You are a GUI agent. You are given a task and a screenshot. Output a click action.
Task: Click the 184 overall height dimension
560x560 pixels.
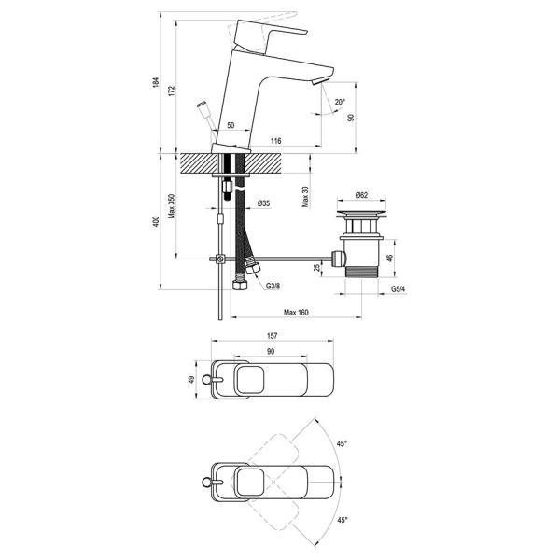[156, 82]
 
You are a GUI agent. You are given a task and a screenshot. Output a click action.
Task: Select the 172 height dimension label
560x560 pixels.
[172, 91]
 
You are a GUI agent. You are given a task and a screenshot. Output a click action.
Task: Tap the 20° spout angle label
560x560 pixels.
[340, 102]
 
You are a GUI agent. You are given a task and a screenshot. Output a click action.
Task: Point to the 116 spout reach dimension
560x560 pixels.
[275, 141]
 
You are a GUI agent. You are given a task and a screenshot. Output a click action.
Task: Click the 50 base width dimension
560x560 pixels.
[231, 125]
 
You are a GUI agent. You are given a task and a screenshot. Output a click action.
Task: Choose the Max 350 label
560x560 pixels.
[172, 206]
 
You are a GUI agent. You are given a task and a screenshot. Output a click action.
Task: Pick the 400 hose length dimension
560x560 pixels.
[156, 222]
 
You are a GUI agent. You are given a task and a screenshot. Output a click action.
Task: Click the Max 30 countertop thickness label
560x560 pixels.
[305, 197]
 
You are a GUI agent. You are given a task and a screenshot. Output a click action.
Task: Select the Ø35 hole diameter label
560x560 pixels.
[263, 203]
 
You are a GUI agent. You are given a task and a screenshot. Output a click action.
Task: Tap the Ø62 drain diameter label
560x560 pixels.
[361, 195]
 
